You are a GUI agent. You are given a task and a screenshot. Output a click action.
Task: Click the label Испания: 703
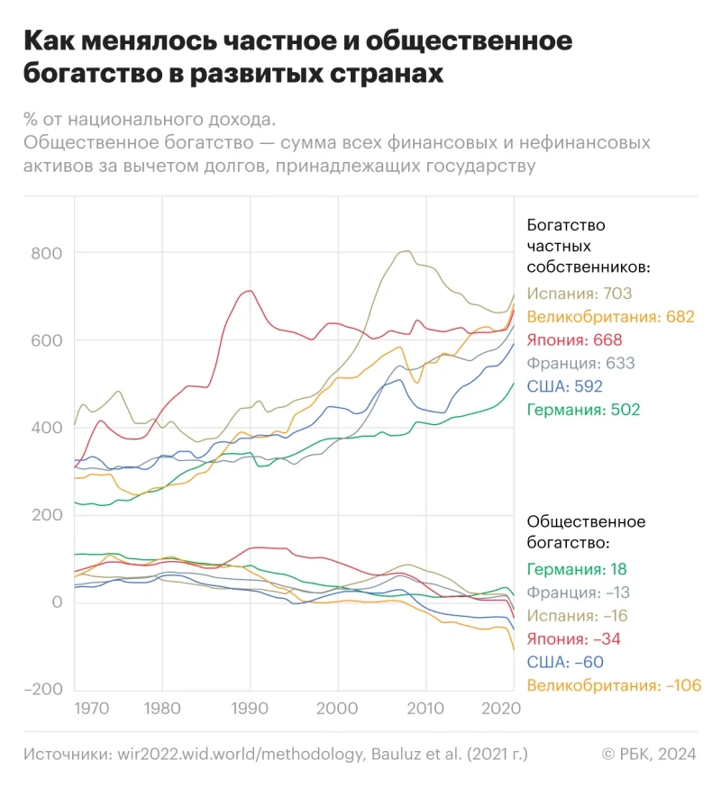[580, 294]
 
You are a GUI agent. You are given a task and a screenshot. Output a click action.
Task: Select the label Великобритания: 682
[611, 317]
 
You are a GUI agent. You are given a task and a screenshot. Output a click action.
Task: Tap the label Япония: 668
[575, 340]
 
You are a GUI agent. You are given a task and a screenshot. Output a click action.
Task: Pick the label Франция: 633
[581, 364]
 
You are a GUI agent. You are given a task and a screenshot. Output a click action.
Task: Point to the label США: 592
[565, 387]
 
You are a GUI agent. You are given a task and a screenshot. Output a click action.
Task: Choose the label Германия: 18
[577, 569]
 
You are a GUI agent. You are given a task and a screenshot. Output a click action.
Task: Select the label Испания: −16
[578, 616]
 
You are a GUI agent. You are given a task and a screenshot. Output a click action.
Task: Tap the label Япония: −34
[573, 639]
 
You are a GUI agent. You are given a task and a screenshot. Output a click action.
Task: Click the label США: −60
[563, 663]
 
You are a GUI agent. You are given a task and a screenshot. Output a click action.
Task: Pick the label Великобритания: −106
[614, 686]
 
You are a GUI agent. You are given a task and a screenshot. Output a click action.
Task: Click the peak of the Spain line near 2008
[408, 250]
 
